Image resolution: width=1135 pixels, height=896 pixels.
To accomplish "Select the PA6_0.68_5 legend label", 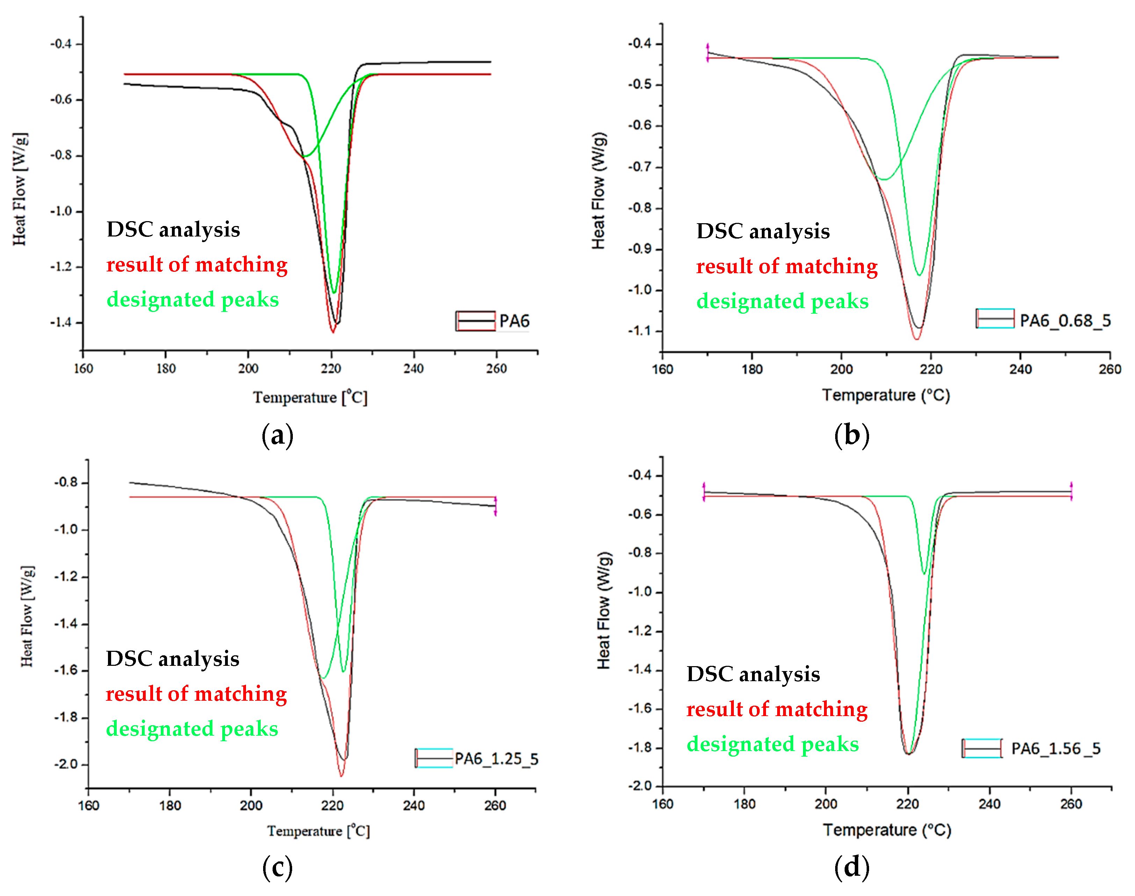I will [x=1065, y=321].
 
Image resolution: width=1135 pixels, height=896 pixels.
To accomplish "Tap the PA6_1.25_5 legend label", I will [x=496, y=759].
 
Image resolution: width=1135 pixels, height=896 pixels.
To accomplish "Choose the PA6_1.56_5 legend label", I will [x=1055, y=748].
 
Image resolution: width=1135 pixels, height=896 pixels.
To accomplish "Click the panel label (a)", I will [x=277, y=435].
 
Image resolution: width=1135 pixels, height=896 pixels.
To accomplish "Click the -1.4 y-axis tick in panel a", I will [x=61, y=322].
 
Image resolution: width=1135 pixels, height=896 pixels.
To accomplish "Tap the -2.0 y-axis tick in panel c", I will [x=66, y=764].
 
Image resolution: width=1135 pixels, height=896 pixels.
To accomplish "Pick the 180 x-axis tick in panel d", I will [x=744, y=804].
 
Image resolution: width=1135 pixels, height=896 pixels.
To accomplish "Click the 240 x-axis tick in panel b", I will [x=1020, y=369].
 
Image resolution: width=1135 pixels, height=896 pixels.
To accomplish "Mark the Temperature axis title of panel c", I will [x=318, y=831].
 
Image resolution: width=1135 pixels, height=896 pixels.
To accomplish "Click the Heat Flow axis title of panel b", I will [x=599, y=190].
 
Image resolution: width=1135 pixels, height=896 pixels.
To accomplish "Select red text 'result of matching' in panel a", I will [x=197, y=264].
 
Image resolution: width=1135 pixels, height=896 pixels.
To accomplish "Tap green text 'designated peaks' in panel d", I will [x=772, y=744].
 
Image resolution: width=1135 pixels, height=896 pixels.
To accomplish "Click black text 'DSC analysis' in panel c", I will [x=173, y=659].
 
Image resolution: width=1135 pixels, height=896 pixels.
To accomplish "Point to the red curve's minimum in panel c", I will [x=341, y=775].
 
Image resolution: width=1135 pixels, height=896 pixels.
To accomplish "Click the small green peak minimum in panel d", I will [x=924, y=573].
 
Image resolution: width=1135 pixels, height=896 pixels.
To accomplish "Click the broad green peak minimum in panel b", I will [x=884, y=180].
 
